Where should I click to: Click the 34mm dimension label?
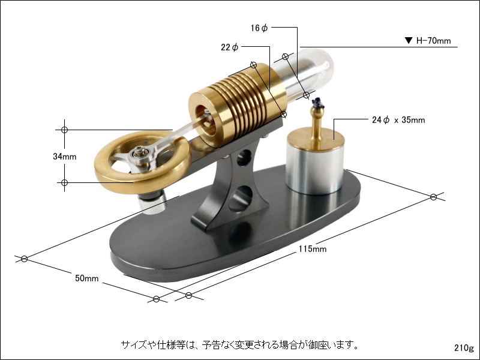pyautogui.click(x=65, y=157)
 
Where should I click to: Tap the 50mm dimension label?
pyautogui.click(x=87, y=278)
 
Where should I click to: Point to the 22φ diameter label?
pyautogui.click(x=230, y=47)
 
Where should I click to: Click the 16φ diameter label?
pyautogui.click(x=260, y=28)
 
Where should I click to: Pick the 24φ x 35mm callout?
pyautogui.click(x=398, y=120)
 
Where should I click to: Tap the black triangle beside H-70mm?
pyautogui.click(x=408, y=41)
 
